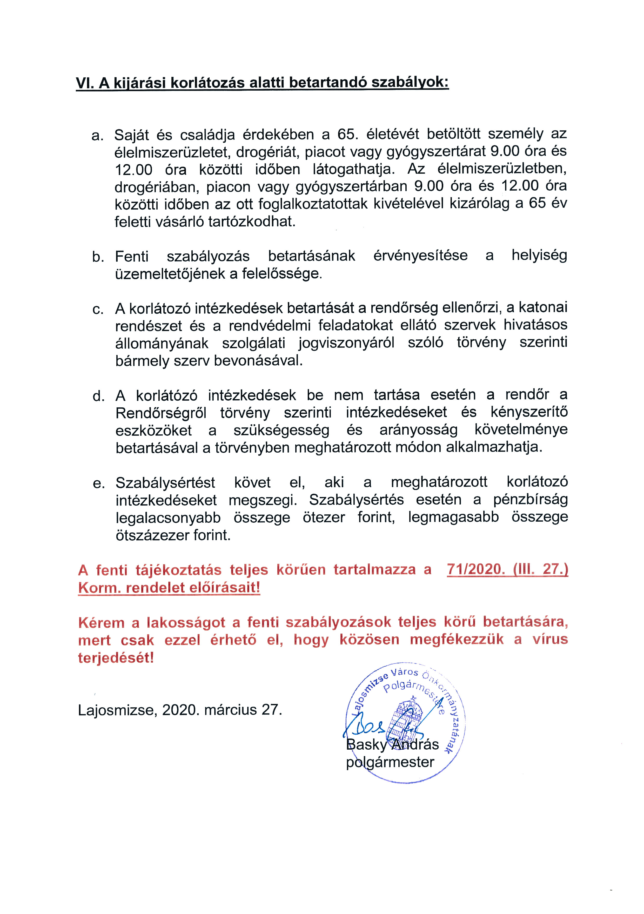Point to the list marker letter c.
[98, 309]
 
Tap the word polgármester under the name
[390, 762]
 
